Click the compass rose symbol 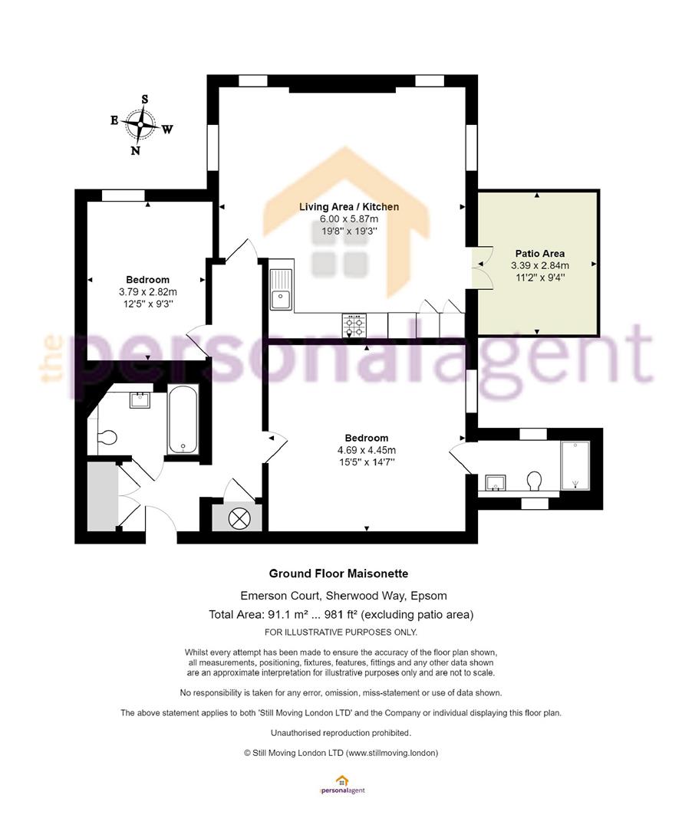(x=140, y=125)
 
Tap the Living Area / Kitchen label (x=348, y=206)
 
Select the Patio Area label (x=540, y=254)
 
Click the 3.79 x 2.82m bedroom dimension (x=148, y=291)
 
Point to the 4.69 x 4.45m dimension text (x=367, y=450)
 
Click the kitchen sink (x=282, y=290)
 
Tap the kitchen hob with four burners (x=354, y=325)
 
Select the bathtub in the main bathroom (x=183, y=419)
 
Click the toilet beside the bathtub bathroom (x=107, y=438)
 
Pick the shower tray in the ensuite (x=575, y=466)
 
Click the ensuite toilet (x=534, y=481)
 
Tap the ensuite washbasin (x=495, y=483)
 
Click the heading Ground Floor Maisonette (x=338, y=573)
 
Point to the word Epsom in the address (x=428, y=596)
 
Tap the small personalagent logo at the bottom (x=342, y=784)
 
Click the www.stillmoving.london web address (x=392, y=753)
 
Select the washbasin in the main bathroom (x=140, y=399)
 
